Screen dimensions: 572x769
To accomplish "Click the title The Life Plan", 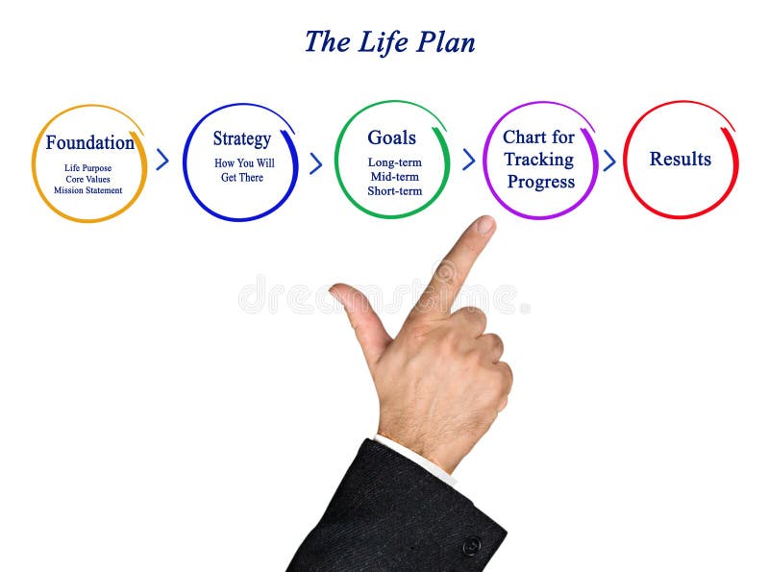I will (389, 42).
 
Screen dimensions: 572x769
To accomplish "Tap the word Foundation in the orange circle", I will (89, 143).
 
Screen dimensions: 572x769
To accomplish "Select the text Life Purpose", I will (88, 168).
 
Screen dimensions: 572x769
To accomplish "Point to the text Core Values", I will (88, 179).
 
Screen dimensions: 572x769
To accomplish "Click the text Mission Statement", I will (88, 190).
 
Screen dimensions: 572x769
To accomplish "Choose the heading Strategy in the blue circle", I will (241, 139).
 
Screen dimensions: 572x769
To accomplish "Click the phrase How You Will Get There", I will (243, 170).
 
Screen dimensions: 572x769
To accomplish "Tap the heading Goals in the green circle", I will (392, 137).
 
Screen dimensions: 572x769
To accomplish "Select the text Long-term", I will (394, 162).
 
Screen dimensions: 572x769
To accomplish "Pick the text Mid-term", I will (394, 176).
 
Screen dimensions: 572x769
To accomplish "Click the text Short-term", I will (394, 190).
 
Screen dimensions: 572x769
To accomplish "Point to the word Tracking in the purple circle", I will (538, 160).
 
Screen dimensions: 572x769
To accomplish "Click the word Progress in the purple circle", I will (540, 182).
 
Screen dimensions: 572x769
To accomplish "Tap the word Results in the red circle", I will (681, 160).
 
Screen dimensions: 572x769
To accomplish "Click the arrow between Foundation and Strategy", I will (162, 161).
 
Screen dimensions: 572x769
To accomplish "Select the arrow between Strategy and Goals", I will (315, 162).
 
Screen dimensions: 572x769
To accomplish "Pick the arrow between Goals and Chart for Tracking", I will (468, 160).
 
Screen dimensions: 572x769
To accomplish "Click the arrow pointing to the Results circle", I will (608, 161).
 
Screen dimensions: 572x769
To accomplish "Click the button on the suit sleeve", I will (471, 546).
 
